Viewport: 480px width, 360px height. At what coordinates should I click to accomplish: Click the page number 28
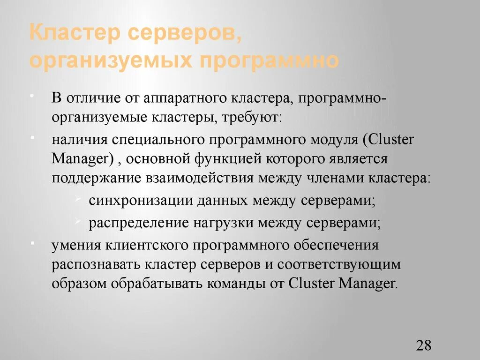423,345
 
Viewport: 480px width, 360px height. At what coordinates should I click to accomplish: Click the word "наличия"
77,140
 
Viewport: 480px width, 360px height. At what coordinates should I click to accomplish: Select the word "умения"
75,245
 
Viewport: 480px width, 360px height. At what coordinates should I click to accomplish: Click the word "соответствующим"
339,264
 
